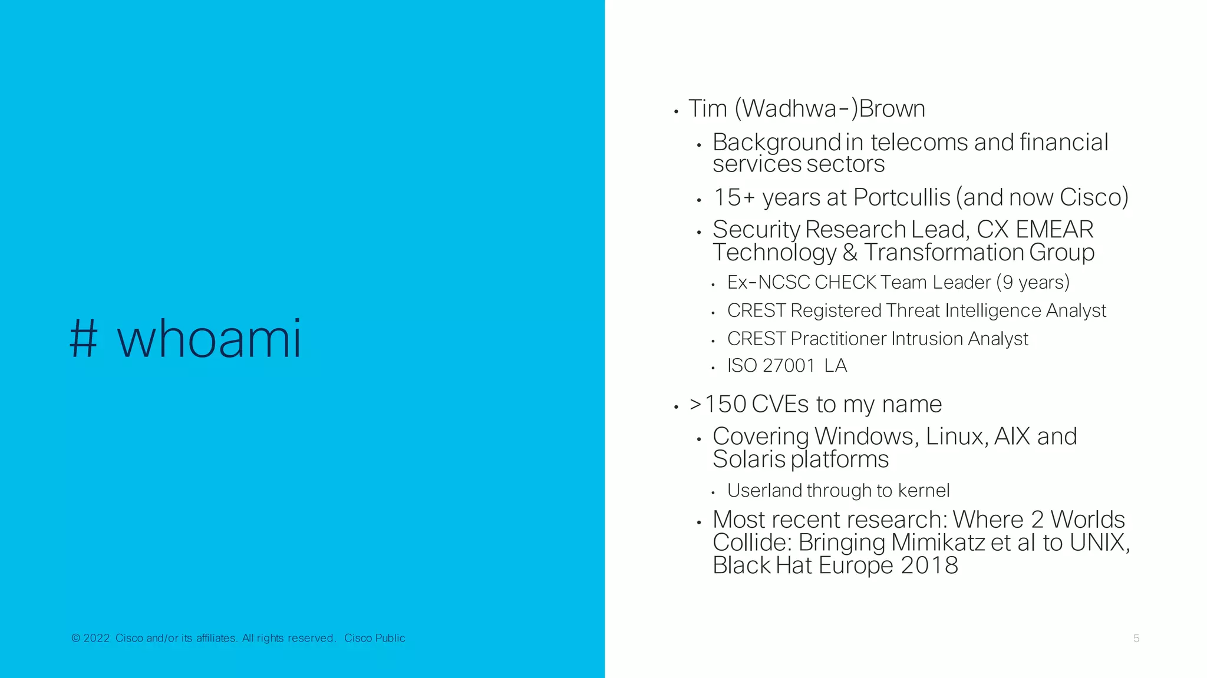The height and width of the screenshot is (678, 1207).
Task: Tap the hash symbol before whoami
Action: coord(83,340)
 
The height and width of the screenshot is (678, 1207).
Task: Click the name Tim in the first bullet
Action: coord(708,109)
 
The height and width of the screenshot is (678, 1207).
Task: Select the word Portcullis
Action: coord(902,197)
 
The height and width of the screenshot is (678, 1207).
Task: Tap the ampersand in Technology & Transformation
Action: coord(850,253)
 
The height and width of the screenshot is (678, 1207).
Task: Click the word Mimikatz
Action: coord(938,543)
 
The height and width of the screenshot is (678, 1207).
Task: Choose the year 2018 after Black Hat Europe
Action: coord(929,565)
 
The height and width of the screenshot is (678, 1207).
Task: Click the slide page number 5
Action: coord(1136,639)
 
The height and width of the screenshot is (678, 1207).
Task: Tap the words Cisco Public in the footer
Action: coord(375,638)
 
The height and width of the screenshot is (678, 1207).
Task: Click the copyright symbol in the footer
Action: coord(75,638)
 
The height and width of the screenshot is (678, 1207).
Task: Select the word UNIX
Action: coord(1097,543)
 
